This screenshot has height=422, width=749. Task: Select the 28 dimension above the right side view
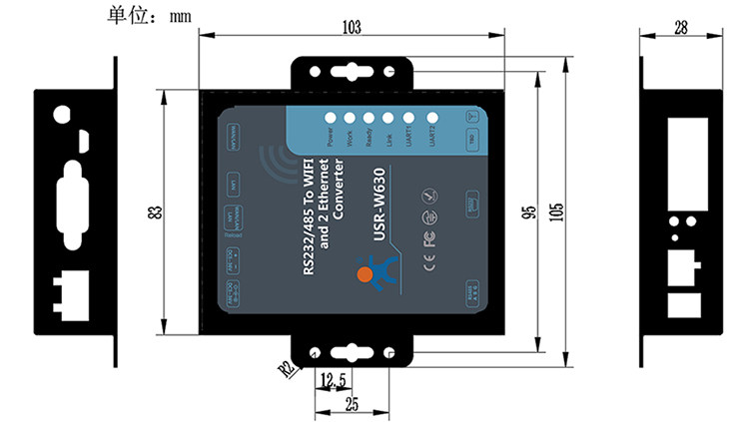pos(681,28)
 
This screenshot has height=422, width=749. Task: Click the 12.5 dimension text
pos(334,380)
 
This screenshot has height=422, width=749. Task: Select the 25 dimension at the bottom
pos(352,404)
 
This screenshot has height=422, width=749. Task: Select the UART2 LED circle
pos(431,117)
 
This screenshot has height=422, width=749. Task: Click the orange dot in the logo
pos(366,271)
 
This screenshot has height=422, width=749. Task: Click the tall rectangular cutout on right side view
pos(684,152)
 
